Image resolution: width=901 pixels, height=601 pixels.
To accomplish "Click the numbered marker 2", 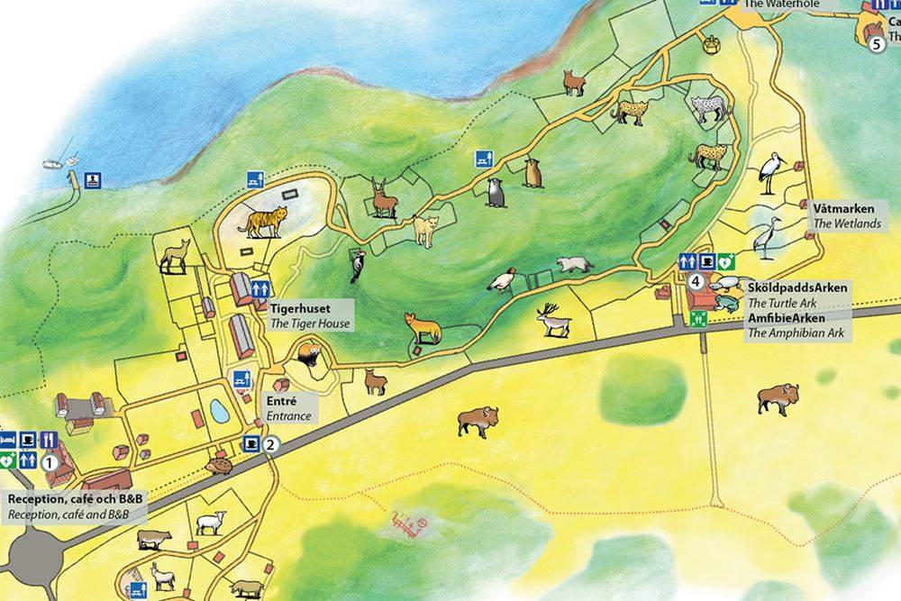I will [272, 443].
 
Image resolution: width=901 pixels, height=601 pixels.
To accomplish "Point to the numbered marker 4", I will [696, 280].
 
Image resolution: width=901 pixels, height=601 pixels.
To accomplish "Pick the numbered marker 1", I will [50, 461].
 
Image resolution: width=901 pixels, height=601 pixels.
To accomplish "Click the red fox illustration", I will [423, 328].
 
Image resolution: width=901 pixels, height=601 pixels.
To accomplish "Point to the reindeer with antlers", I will [551, 319].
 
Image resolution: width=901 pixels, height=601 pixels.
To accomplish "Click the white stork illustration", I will [771, 173].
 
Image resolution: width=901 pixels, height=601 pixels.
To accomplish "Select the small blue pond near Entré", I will [219, 411].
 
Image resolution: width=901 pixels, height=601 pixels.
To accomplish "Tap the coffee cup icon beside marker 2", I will [252, 443].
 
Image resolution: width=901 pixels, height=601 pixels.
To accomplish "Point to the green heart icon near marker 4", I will [726, 261].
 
